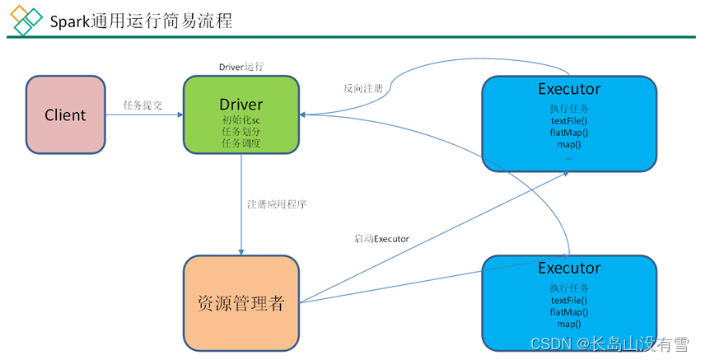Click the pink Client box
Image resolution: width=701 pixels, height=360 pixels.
click(65, 115)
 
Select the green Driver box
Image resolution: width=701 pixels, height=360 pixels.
click(241, 115)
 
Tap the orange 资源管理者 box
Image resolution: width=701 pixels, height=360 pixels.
click(241, 302)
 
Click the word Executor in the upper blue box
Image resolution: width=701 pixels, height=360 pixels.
click(569, 89)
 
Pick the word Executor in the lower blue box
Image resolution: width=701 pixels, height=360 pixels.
click(569, 268)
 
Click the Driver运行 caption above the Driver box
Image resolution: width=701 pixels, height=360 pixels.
click(241, 66)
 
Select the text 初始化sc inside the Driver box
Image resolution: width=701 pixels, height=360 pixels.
click(241, 120)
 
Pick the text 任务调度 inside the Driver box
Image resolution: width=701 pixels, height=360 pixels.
click(241, 143)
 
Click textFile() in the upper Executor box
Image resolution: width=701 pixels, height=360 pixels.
click(569, 121)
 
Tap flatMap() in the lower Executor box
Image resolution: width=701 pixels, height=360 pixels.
click(569, 312)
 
